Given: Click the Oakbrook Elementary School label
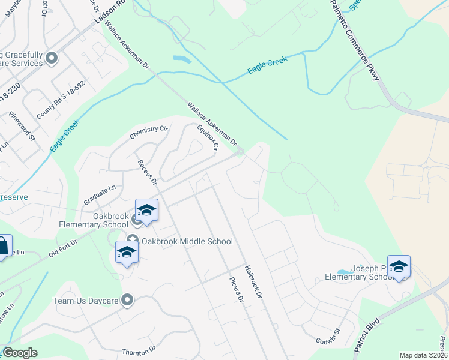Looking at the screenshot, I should click(111, 220).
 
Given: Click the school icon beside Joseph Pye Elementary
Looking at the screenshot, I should click(399, 267).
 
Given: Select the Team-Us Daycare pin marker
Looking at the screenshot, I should click(127, 300).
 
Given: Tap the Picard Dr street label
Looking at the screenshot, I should click(236, 290).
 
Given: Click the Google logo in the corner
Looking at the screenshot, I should click(20, 353).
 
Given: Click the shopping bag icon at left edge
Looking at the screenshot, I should click(2, 247).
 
